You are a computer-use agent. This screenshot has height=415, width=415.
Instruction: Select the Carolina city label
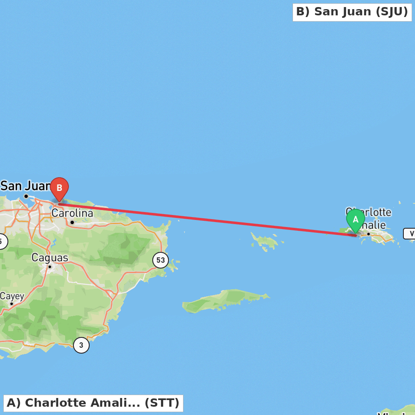(72, 213)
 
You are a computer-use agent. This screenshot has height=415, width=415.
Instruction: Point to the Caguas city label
(50, 258)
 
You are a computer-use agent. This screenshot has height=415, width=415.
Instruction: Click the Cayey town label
(12, 296)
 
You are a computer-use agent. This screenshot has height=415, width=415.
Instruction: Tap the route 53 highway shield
(161, 260)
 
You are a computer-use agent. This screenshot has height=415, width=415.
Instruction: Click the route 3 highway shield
(81, 345)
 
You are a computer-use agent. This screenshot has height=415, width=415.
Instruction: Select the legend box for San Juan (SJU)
(352, 12)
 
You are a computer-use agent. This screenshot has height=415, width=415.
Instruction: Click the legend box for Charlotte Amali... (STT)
(93, 403)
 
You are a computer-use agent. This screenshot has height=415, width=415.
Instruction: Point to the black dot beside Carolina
(72, 222)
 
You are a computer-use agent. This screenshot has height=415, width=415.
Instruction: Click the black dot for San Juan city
(26, 196)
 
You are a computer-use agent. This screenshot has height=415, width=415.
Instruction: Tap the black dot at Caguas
(50, 266)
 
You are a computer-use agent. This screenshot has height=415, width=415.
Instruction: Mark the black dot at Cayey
(12, 304)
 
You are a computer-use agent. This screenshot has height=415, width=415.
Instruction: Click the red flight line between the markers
(207, 220)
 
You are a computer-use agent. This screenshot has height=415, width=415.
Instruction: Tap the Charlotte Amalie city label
(369, 218)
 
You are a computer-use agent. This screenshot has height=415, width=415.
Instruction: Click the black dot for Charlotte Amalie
(368, 234)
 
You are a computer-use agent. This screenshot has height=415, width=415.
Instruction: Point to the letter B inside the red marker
(59, 188)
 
